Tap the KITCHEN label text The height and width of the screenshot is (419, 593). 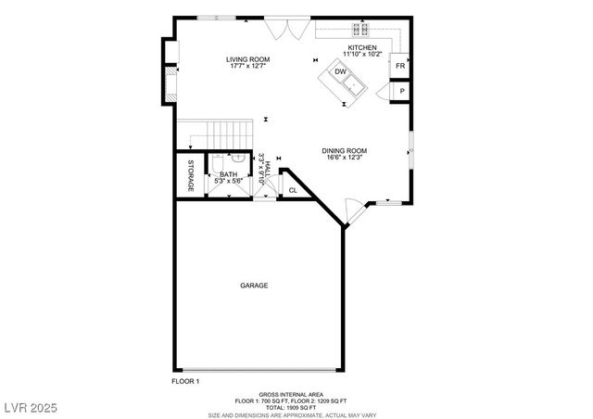(361, 47)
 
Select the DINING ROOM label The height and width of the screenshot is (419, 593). (345, 151)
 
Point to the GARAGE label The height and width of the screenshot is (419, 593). (254, 286)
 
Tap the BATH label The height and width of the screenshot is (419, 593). (227, 174)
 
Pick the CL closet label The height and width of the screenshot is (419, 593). (293, 190)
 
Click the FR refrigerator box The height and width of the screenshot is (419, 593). (400, 67)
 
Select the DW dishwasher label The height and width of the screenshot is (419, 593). (340, 70)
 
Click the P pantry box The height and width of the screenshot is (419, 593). (402, 92)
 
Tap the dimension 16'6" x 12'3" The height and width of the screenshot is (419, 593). (345, 159)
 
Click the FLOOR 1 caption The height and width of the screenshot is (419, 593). (185, 381)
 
